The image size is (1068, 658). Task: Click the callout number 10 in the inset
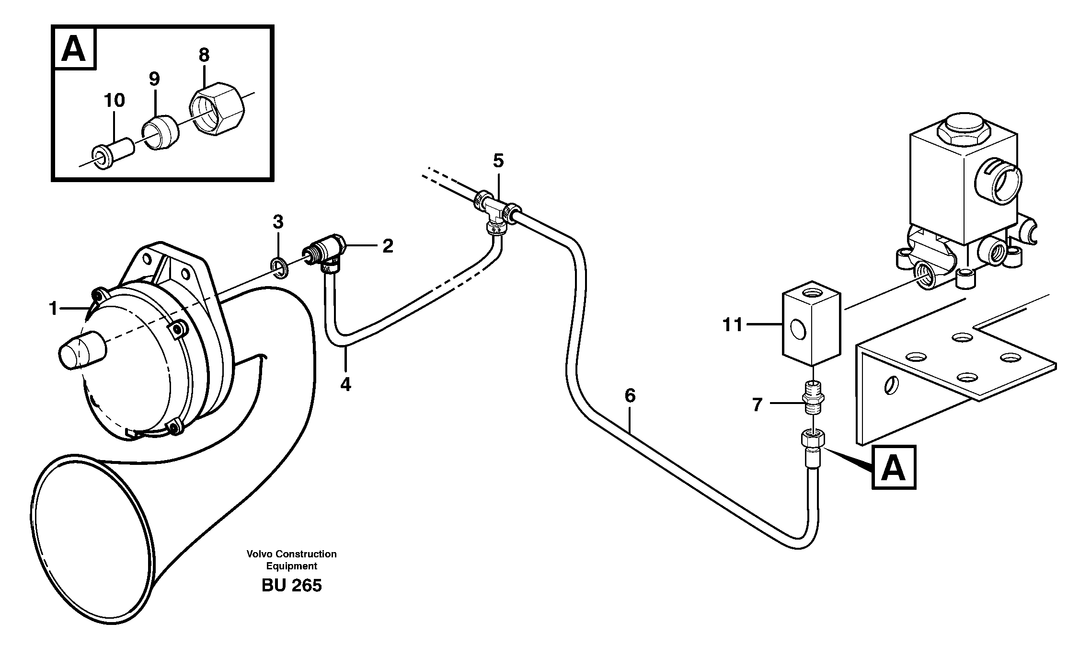click(114, 101)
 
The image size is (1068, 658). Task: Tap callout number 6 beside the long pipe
click(630, 396)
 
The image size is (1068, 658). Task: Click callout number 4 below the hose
click(345, 384)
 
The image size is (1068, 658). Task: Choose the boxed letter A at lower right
click(894, 467)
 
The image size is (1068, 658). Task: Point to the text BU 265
click(291, 585)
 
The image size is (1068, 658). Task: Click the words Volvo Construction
click(291, 554)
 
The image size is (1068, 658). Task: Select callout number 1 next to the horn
click(54, 309)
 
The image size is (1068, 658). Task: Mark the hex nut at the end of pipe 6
click(813, 438)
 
